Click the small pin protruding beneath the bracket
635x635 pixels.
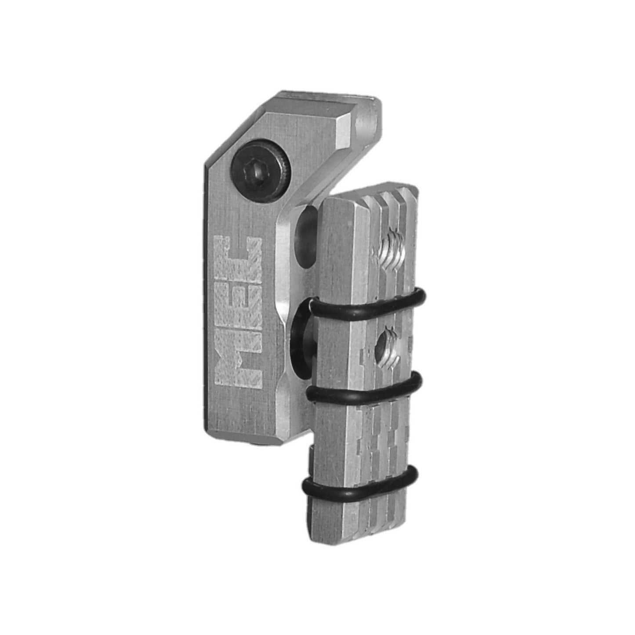coord(258,444)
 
